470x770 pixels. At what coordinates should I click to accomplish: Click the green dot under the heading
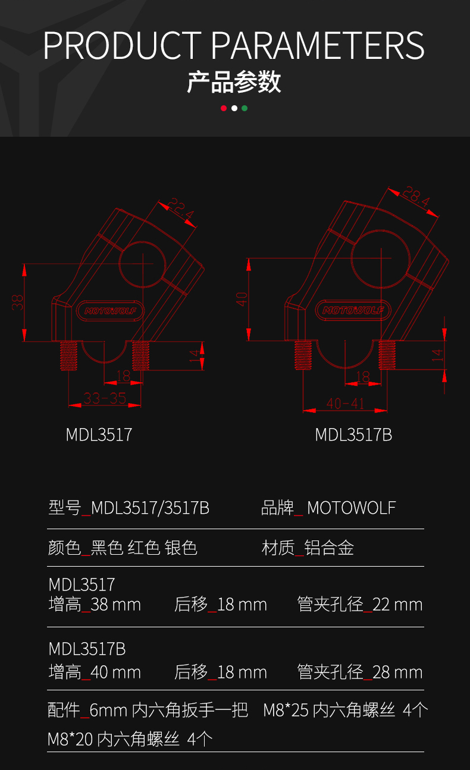(x=245, y=108)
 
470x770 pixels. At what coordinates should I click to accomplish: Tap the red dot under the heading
(x=224, y=108)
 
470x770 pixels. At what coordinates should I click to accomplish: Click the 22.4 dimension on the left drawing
(x=180, y=211)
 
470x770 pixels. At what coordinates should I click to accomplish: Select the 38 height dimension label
(x=18, y=303)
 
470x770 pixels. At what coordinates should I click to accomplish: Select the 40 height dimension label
(x=242, y=299)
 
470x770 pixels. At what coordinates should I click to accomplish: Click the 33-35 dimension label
(x=105, y=398)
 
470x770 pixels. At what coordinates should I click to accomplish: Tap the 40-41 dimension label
(x=345, y=404)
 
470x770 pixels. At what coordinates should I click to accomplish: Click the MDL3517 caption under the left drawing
(x=99, y=435)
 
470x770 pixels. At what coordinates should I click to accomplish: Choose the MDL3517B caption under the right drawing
(x=353, y=435)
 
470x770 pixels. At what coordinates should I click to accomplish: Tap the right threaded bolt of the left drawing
(x=140, y=356)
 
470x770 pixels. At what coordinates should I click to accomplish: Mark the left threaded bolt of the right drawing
(x=303, y=355)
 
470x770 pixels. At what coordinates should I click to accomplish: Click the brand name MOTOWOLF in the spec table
(x=351, y=508)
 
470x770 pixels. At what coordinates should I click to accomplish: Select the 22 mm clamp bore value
(x=397, y=605)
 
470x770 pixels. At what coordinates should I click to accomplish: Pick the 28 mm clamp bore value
(x=397, y=672)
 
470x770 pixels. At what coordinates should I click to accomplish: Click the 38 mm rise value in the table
(x=116, y=605)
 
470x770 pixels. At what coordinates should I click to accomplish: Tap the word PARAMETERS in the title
(x=318, y=45)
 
